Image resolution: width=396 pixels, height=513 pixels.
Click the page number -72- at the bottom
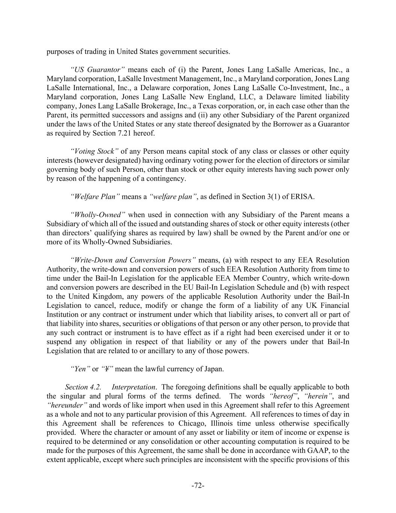click(198, 486)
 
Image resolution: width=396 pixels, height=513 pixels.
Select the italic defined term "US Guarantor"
click(98, 70)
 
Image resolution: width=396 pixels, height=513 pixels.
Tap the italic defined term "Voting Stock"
click(95, 151)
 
